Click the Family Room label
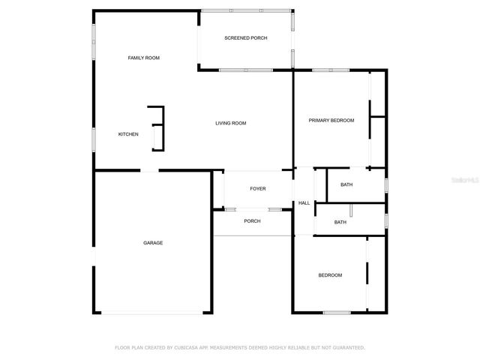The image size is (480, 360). [143, 58]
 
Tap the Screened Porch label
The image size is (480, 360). [246, 38]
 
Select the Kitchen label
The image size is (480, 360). [128, 134]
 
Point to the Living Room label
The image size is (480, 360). [231, 123]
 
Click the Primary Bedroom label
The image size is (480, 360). [331, 120]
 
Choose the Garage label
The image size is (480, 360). [153, 242]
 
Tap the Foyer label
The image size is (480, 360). [258, 189]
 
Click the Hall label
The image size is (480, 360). [304, 203]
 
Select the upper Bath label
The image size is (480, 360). [346, 184]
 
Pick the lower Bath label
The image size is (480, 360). [340, 222]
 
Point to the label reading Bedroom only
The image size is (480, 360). [330, 275]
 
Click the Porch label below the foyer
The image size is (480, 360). [252, 220]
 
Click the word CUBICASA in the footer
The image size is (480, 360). [187, 348]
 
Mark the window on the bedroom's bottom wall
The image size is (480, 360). [337, 312]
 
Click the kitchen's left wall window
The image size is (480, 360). [94, 139]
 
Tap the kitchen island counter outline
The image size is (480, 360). [157, 128]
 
